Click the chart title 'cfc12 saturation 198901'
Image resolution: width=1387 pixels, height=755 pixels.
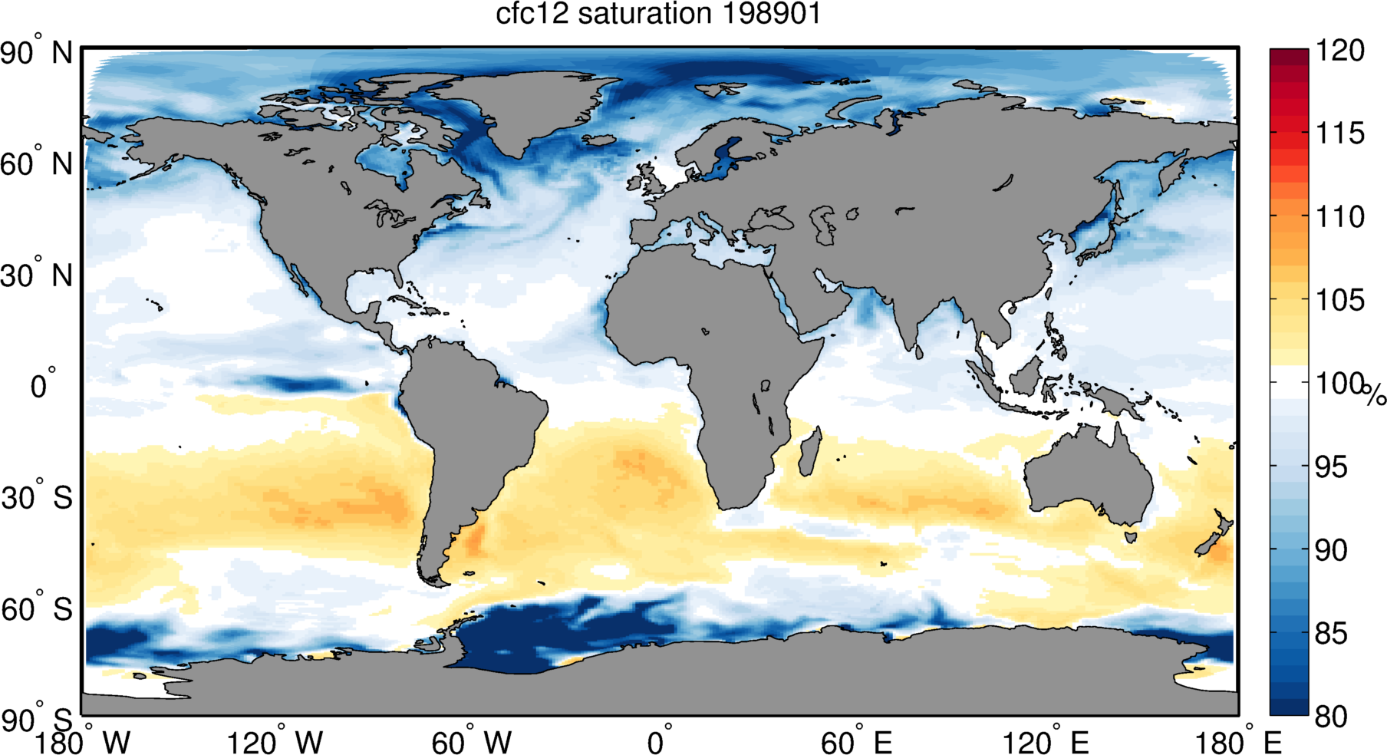tap(658, 15)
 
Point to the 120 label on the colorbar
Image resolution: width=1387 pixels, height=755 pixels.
tap(1340, 51)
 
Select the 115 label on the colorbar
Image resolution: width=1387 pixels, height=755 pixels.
tap(1340, 134)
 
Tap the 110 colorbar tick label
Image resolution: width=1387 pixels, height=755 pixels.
tap(1340, 217)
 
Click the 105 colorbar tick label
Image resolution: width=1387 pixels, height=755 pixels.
tap(1340, 300)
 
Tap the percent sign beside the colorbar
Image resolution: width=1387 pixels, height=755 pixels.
tap(1375, 394)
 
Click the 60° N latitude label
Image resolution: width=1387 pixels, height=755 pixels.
tap(36, 164)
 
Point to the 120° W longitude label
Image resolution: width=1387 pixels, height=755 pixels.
tap(274, 743)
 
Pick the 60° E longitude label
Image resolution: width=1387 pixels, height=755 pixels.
tap(856, 743)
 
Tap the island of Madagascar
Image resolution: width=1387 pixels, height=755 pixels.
tap(810, 453)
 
